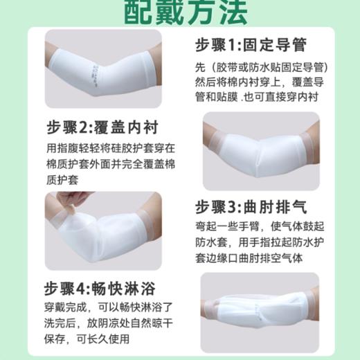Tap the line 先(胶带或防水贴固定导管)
[260, 67]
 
